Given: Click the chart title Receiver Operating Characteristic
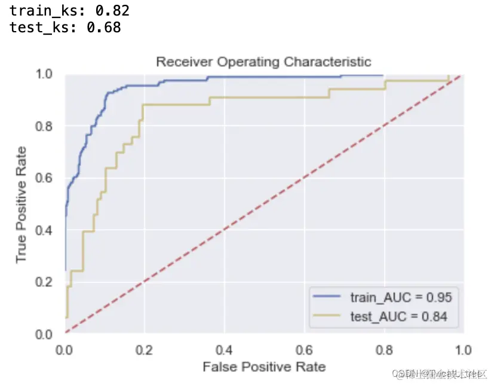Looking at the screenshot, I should pyautogui.click(x=263, y=62).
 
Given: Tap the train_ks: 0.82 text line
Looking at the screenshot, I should pyautogui.click(x=69, y=10).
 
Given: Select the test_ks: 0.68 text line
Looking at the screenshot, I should pyautogui.click(x=65, y=27).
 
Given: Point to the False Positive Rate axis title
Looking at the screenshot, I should pyautogui.click(x=263, y=367).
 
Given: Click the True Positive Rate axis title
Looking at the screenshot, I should pyautogui.click(x=22, y=204).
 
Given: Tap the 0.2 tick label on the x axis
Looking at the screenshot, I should pyautogui.click(x=143, y=349).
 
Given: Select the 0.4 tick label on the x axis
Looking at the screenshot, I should pyautogui.click(x=223, y=349).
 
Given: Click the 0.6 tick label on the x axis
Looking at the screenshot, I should pyautogui.click(x=303, y=349).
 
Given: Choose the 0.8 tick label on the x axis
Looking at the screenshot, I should pyautogui.click(x=383, y=349).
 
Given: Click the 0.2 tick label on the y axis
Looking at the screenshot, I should pyautogui.click(x=45, y=282).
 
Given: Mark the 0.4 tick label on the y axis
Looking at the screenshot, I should pyautogui.click(x=45, y=230).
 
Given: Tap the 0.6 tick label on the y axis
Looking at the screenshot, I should pyautogui.click(x=45, y=178).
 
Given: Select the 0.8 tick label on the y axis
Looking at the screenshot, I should pyautogui.click(x=45, y=126).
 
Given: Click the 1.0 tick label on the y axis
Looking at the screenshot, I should pyautogui.click(x=45, y=75).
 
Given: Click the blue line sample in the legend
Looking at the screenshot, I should pyautogui.click(x=327, y=297).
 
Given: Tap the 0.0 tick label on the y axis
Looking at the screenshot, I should pyautogui.click(x=45, y=333).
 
